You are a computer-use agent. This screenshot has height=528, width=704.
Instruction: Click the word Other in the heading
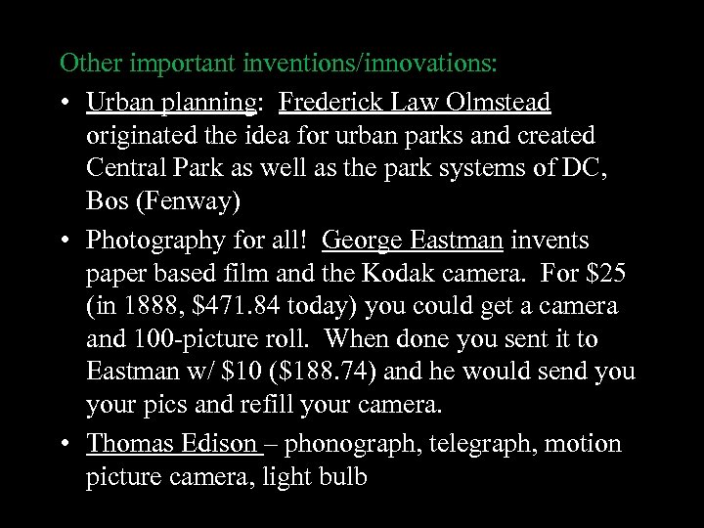pyautogui.click(x=86, y=65)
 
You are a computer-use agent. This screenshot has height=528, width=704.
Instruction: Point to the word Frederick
pyautogui.click(x=332, y=101)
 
